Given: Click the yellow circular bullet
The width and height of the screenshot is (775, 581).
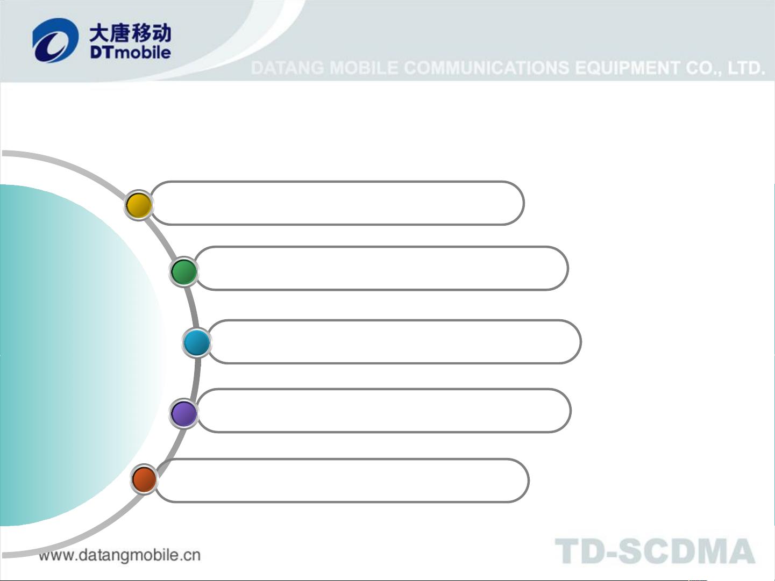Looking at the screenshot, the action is pyautogui.click(x=139, y=205).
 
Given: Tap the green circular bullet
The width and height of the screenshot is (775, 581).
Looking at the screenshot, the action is pyautogui.click(x=183, y=271).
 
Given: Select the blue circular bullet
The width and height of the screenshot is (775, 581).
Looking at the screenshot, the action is pyautogui.click(x=197, y=342).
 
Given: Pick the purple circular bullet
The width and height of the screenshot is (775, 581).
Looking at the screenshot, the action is pyautogui.click(x=183, y=413).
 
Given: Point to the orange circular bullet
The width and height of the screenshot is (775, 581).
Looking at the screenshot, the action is pyautogui.click(x=144, y=479).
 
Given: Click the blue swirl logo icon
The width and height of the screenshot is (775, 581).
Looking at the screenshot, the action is pyautogui.click(x=55, y=40).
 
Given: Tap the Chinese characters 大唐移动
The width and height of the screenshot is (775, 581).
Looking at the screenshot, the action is pyautogui.click(x=130, y=33).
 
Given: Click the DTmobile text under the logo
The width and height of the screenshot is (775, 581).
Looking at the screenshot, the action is pyautogui.click(x=130, y=53).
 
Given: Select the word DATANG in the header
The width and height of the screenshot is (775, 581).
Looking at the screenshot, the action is pyautogui.click(x=287, y=68).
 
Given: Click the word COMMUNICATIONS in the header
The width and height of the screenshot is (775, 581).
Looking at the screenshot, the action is pyautogui.click(x=487, y=68).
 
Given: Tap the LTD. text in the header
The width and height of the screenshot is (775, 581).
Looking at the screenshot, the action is pyautogui.click(x=746, y=68).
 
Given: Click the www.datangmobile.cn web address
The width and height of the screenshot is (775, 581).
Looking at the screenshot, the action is pyautogui.click(x=120, y=555).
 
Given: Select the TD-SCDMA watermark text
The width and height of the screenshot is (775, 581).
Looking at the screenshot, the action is pyautogui.click(x=655, y=551).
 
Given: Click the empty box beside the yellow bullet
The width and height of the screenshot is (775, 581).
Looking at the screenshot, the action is pyautogui.click(x=337, y=203).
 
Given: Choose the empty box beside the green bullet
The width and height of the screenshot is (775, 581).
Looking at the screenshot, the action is pyautogui.click(x=381, y=268).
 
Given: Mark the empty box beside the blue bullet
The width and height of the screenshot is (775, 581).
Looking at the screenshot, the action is pyautogui.click(x=394, y=341).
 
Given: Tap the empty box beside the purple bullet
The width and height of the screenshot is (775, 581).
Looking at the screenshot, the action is pyautogui.click(x=383, y=411).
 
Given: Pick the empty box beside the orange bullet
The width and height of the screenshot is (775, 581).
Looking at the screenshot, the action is pyautogui.click(x=342, y=480).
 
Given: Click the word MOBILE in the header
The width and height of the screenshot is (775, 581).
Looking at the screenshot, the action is pyautogui.click(x=364, y=68).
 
